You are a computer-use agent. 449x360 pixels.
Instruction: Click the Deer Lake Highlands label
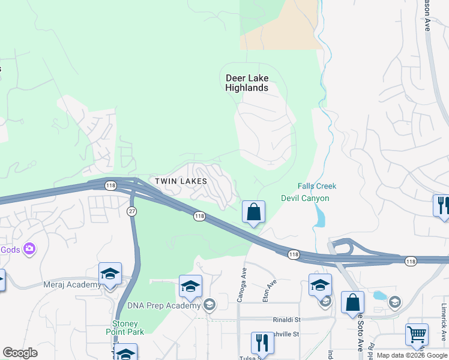247,83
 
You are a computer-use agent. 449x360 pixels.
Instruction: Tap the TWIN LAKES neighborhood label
181,181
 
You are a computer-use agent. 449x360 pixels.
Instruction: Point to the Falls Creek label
317,187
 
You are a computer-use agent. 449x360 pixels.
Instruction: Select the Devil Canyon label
305,198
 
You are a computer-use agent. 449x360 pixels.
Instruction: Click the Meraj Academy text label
72,285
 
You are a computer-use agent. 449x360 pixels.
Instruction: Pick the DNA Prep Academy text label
164,305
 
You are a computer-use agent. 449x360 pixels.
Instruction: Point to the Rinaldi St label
285,319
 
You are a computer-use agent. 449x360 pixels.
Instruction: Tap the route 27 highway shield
132,210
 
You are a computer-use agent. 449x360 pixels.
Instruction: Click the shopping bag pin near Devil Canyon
253,212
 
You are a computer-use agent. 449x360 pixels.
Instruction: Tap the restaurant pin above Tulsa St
262,343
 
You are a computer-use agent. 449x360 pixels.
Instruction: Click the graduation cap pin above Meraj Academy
110,274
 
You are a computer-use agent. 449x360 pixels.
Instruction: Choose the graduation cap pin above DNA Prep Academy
190,287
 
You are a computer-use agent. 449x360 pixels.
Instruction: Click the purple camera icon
29,248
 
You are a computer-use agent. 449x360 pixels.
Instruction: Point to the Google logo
20,353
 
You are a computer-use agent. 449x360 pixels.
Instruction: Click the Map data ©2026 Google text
412,355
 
